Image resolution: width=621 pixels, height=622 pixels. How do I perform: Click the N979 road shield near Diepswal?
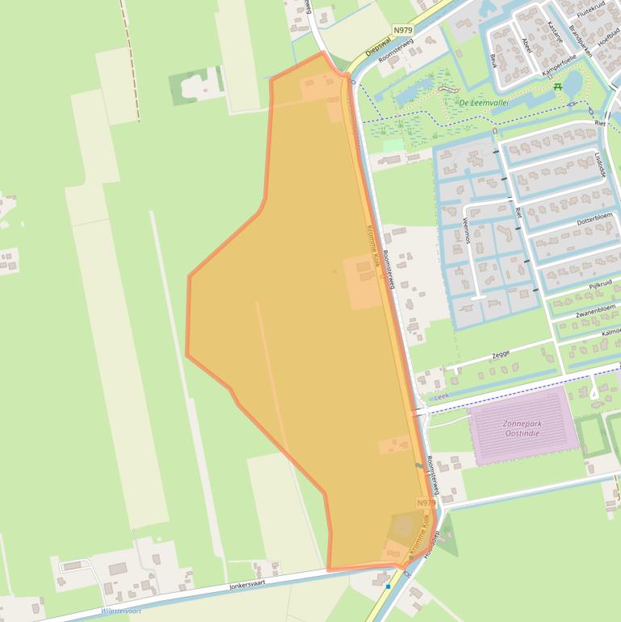pos(403,30)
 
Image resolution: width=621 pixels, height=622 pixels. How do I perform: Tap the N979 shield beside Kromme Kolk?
pos(426,502)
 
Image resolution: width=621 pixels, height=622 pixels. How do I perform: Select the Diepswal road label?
pos(378,48)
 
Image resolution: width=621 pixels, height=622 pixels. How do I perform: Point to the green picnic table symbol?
pos(557,86)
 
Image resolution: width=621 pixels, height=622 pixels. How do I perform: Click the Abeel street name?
pos(527,44)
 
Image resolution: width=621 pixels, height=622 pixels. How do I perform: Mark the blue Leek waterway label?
pos(441,397)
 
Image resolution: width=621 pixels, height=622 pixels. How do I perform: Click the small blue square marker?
pos(388,586)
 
